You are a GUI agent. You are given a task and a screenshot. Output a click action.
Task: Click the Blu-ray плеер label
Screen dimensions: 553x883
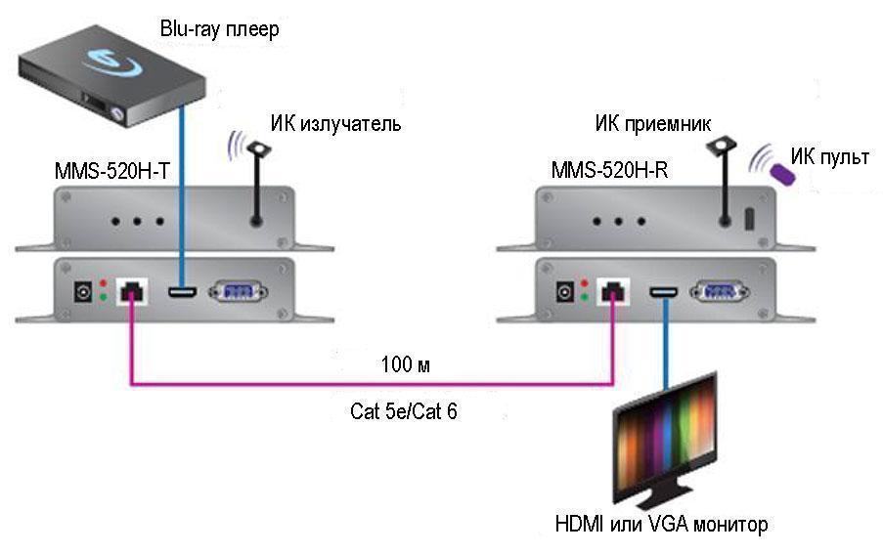[219, 29]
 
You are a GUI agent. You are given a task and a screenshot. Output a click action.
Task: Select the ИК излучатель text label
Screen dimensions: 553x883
[335, 124]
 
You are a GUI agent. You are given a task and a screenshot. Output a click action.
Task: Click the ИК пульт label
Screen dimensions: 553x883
[829, 156]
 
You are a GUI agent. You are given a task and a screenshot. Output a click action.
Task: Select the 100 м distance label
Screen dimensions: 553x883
[406, 365]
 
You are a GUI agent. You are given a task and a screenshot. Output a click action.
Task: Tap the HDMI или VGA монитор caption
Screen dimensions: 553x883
[662, 525]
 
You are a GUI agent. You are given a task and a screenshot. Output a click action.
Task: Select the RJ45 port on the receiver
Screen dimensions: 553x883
[613, 290]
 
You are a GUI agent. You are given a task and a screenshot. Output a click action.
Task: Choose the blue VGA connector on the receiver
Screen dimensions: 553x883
[720, 290]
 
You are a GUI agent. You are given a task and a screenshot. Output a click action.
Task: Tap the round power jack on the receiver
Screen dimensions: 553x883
[565, 290]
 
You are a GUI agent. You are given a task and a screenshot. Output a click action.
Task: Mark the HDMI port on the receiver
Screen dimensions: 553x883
[665, 290]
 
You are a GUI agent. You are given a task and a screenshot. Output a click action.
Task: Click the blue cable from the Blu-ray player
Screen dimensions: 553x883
[182, 195]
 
